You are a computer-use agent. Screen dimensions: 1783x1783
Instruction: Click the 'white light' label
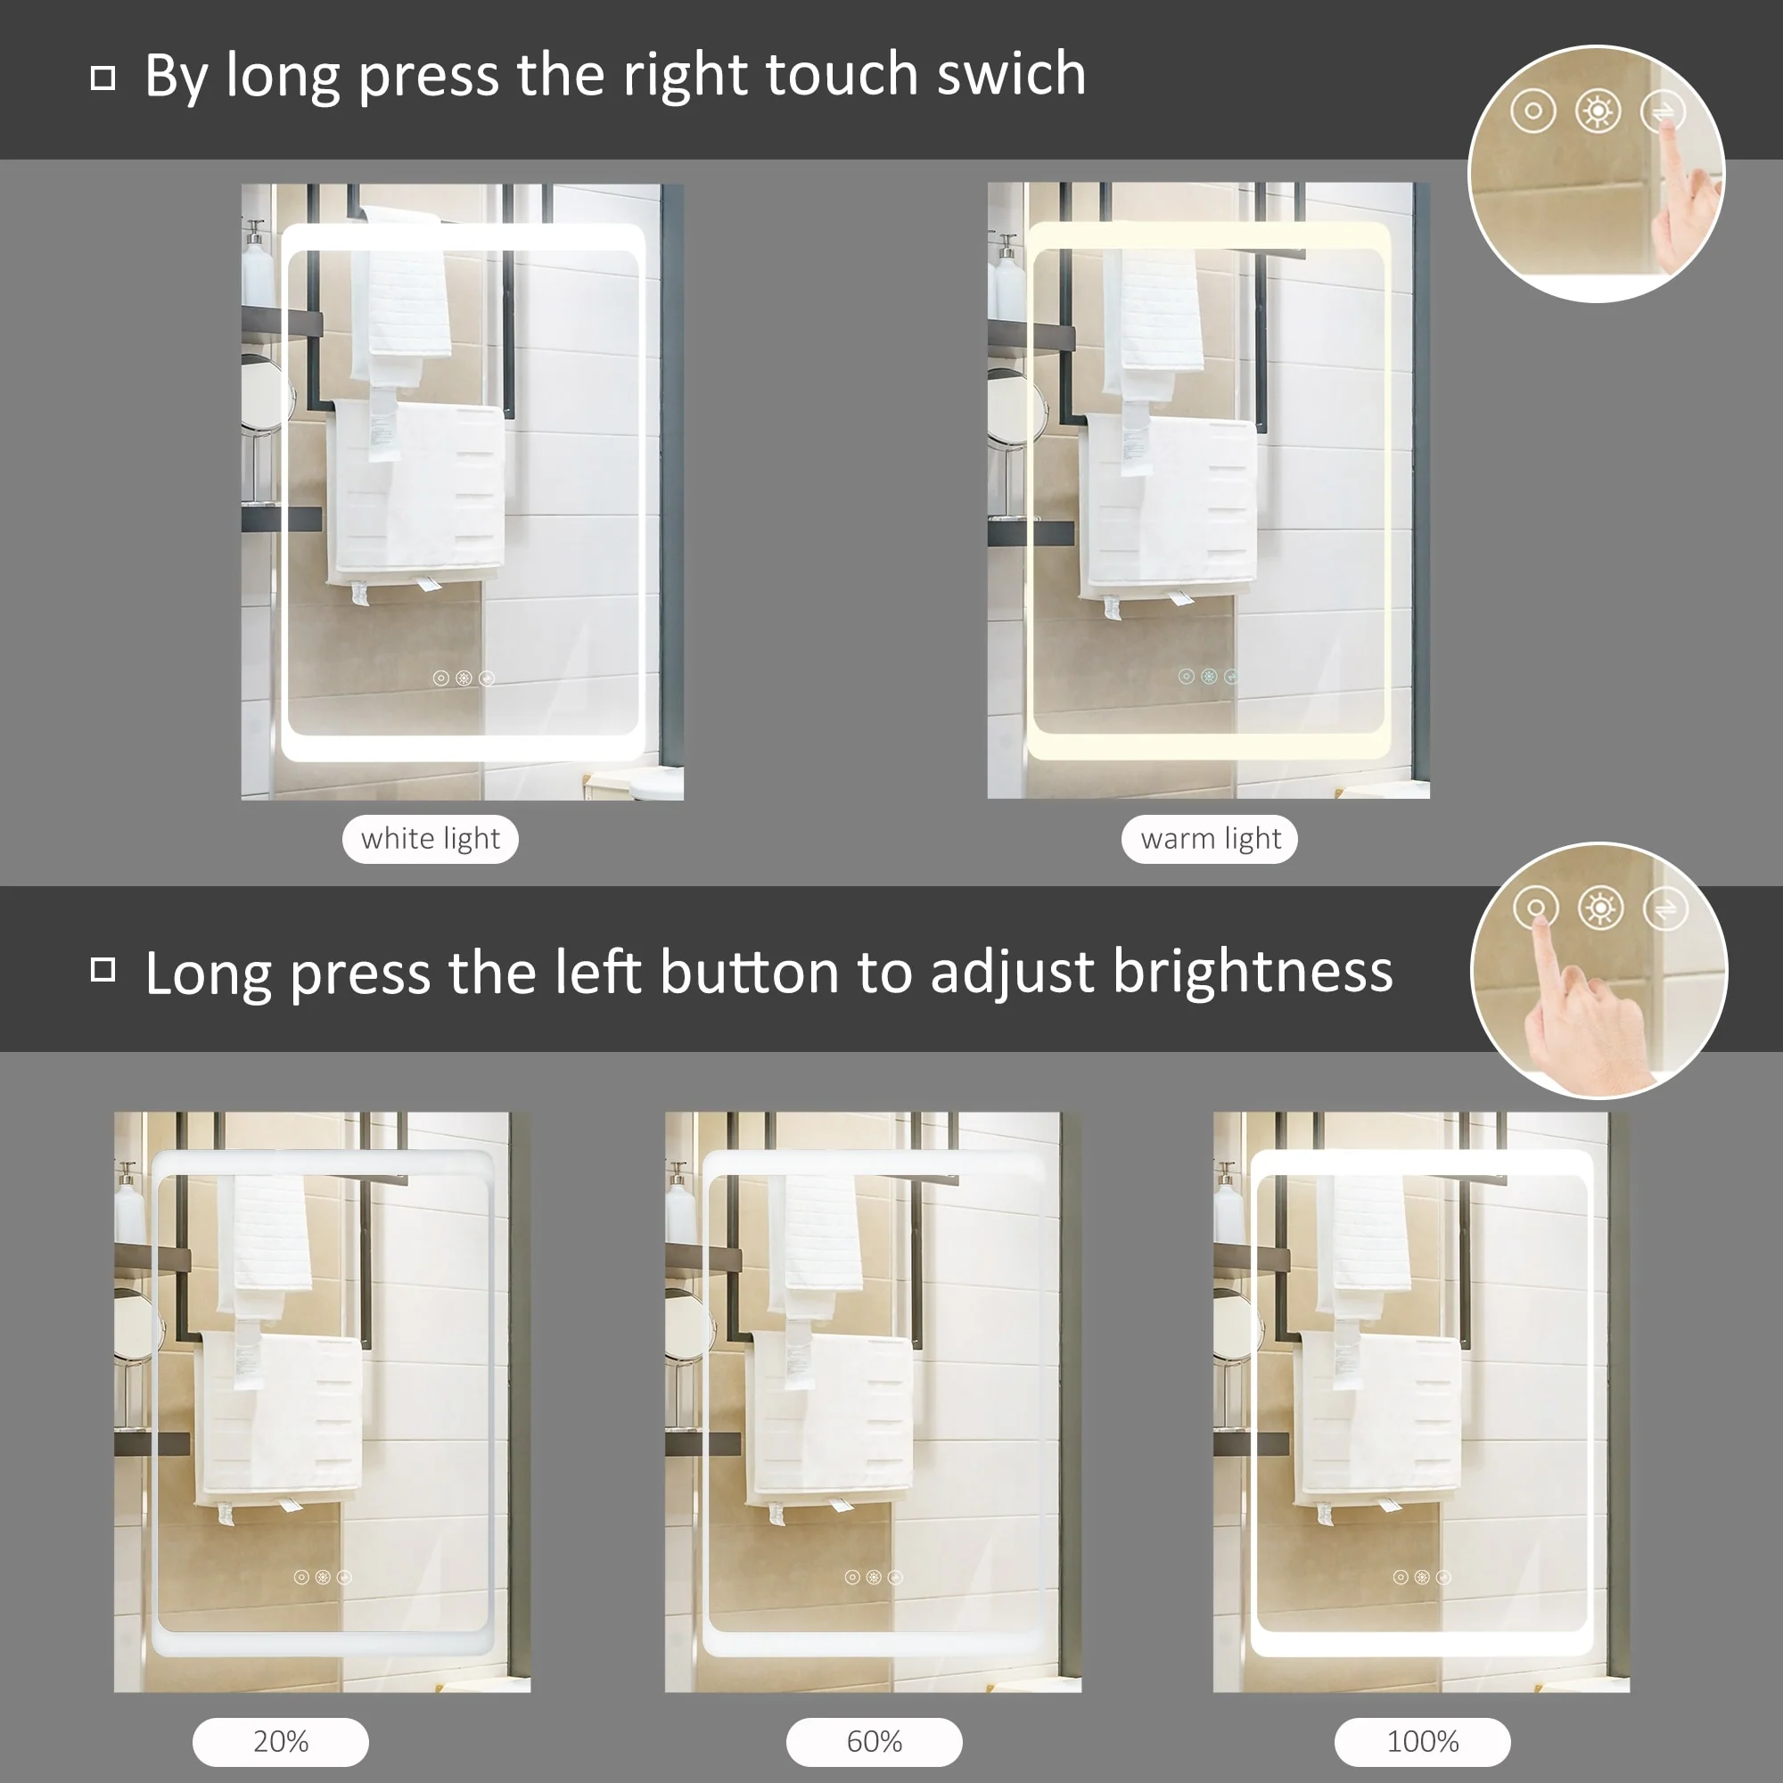[x=430, y=839]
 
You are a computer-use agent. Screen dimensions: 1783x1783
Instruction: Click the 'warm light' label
[x=1210, y=839]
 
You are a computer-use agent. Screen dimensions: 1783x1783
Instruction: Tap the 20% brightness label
[x=281, y=1741]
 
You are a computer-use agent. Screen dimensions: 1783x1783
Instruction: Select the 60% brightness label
[x=874, y=1741]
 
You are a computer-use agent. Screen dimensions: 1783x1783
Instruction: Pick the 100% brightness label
[x=1422, y=1741]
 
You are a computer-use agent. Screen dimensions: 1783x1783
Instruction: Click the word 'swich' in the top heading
[x=1011, y=74]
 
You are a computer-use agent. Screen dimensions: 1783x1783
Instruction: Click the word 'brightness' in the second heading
[x=1253, y=972]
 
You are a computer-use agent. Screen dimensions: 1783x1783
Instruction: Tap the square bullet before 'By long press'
[x=103, y=78]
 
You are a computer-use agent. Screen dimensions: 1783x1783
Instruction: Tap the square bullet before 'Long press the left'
[x=103, y=970]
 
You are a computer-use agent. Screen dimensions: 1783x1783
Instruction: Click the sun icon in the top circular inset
[x=1598, y=111]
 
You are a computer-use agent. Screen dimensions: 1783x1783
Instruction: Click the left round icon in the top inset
[x=1532, y=111]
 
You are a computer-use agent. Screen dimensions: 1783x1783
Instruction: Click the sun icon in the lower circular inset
[x=1600, y=909]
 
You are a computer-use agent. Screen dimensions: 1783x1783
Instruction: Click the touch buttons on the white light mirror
[x=464, y=678]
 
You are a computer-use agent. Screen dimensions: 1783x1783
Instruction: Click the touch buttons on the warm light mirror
[x=1208, y=677]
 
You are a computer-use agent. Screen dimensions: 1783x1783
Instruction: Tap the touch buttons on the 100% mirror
[x=1421, y=1577]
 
